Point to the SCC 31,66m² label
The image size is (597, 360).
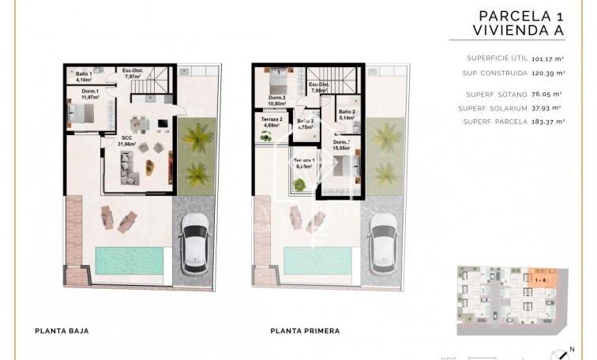(126, 141)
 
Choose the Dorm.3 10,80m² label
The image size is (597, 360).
(276, 100)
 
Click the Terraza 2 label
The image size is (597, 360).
(271, 122)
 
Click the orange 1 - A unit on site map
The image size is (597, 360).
(542, 279)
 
